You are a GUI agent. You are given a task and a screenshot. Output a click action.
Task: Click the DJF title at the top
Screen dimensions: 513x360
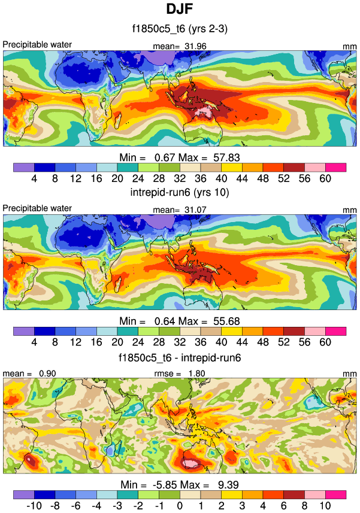180,10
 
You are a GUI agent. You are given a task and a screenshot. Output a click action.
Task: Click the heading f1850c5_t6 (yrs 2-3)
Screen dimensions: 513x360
180,29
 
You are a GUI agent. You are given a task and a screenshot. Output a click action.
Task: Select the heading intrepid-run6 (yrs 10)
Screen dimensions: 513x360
180,193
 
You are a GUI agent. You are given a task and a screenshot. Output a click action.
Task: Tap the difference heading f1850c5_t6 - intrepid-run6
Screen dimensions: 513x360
180,357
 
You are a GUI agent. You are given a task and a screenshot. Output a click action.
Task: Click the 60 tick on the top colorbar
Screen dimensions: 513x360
325,178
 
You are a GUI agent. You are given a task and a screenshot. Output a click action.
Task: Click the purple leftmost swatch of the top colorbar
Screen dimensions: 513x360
23,167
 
